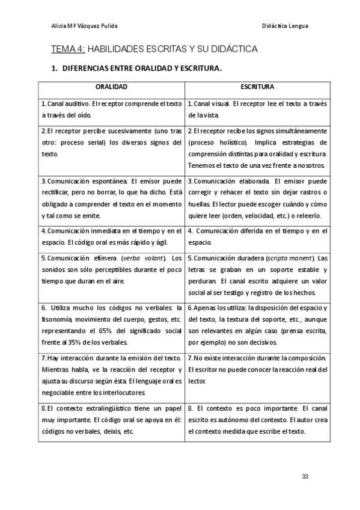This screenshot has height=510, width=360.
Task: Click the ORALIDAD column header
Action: pos(111,87)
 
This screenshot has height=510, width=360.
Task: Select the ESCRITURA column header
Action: pos(257,87)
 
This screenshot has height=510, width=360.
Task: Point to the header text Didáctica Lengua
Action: pos(285,26)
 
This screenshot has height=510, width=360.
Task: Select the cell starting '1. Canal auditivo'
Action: pos(111,109)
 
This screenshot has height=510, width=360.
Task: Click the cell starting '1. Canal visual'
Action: pos(257,109)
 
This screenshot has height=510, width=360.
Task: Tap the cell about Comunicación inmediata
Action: pos(111,237)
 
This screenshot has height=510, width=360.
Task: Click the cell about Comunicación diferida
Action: pos(257,237)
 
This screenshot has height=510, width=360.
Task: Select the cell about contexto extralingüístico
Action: pos(111,420)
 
